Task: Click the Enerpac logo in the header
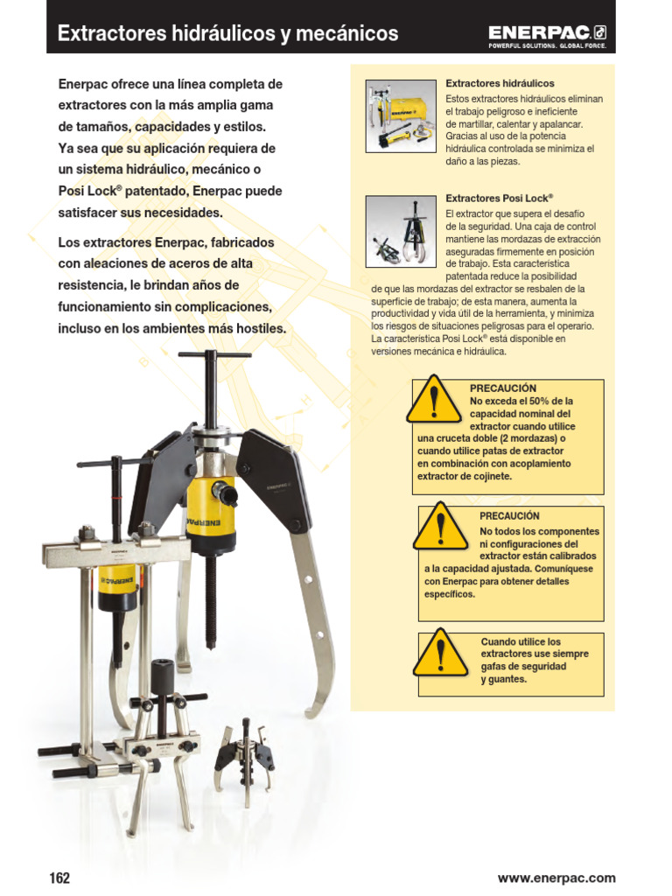(x=547, y=34)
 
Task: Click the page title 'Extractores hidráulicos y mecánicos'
(x=227, y=34)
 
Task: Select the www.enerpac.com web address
(x=556, y=878)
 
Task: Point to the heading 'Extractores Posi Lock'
(x=500, y=199)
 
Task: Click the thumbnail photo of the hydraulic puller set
(x=400, y=115)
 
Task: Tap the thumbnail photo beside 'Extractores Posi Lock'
(x=400, y=230)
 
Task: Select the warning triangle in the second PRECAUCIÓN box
(x=441, y=528)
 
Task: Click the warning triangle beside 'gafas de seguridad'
(x=441, y=654)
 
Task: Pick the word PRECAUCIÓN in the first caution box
(x=503, y=388)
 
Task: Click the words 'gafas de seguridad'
(x=523, y=667)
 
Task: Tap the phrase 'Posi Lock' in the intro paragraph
(x=85, y=191)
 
